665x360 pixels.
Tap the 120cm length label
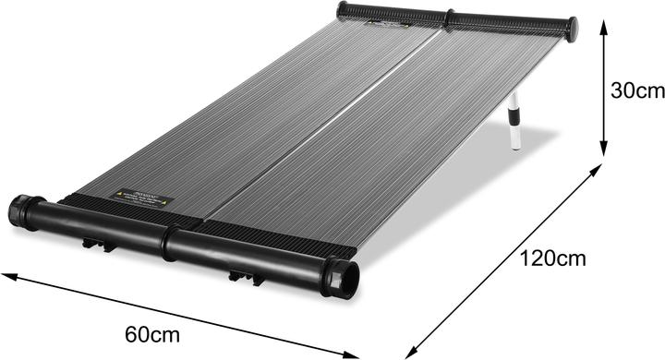pos(551,259)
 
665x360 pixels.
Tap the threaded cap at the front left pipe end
pos(19,210)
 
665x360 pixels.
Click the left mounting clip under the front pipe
pos(96,245)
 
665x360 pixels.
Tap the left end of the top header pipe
pos(344,10)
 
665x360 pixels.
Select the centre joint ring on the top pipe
pos(450,18)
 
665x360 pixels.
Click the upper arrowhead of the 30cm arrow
pos(602,25)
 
